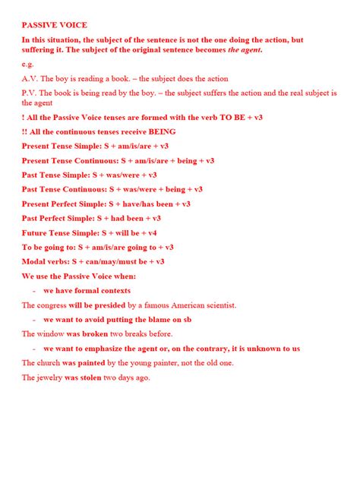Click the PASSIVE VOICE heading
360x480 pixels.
[x=55, y=25]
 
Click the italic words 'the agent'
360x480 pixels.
[x=244, y=51]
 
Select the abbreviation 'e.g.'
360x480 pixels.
[x=28, y=65]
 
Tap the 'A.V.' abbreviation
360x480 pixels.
[x=30, y=78]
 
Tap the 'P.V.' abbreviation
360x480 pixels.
[x=30, y=92]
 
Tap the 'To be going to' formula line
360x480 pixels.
[x=98, y=247]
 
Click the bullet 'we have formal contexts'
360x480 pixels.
[x=87, y=290]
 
